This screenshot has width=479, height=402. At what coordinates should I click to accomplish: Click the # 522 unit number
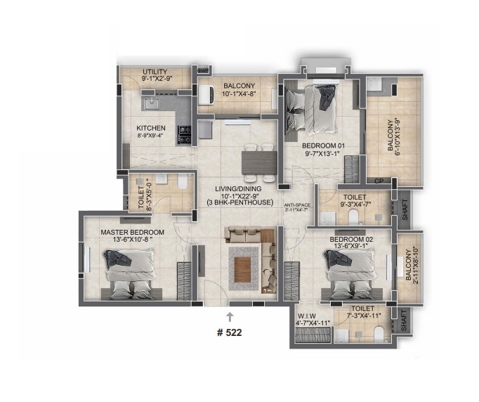[229, 332]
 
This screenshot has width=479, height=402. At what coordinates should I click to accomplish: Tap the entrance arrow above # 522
[230, 317]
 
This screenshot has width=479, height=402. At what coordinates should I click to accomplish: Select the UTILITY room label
[155, 72]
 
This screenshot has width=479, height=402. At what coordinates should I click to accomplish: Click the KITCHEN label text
[151, 128]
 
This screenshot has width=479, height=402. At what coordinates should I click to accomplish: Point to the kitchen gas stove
[184, 136]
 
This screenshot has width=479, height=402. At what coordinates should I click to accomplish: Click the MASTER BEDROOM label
[132, 233]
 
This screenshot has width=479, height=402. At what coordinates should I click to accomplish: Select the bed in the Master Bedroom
[130, 274]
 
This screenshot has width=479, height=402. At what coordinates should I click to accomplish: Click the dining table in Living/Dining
[259, 163]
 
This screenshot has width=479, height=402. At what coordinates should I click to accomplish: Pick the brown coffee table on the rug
[242, 270]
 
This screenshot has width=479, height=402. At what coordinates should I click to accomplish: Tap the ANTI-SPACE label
[297, 205]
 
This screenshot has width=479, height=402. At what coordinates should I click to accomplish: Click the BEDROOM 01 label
[323, 145]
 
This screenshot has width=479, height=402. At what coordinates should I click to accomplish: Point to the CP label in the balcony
[379, 181]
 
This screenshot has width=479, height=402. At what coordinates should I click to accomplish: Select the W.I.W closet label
[307, 316]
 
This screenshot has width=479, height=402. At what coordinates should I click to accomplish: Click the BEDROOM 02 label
[351, 240]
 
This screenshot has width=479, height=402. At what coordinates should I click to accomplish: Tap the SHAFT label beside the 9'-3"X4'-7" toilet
[405, 209]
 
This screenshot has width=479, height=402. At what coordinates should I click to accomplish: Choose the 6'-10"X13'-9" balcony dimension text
[397, 136]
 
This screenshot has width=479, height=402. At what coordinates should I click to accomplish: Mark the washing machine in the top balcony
[206, 95]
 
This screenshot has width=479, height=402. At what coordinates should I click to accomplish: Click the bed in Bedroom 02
[350, 273]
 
